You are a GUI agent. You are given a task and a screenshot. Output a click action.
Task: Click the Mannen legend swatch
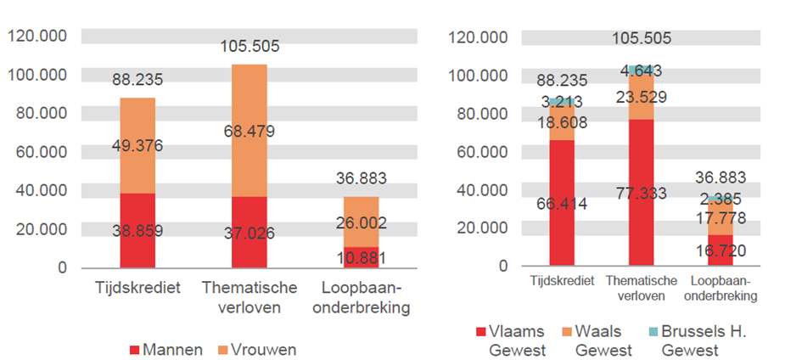pos(137,349)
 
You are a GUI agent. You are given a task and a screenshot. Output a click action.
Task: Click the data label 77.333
pos(642,193)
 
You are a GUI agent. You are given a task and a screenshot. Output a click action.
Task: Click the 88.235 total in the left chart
pos(137,81)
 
